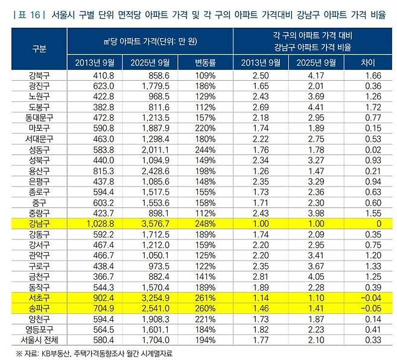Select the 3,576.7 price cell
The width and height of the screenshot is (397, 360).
point(148,223)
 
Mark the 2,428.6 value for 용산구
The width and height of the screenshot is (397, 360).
point(148,171)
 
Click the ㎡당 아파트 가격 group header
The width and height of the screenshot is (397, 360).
point(149,41)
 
